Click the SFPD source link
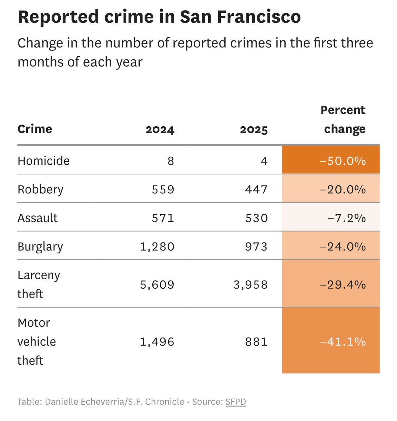pyautogui.click(x=236, y=401)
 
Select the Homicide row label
pyautogui.click(x=44, y=161)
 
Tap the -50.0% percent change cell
pyautogui.click(x=343, y=161)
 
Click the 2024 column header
pyautogui.click(x=160, y=129)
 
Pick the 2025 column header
pyautogui.click(x=253, y=129)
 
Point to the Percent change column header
pyautogui.click(x=343, y=120)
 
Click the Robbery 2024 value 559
pyautogui.click(x=163, y=189)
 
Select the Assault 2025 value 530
pyautogui.click(x=257, y=218)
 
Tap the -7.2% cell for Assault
pyautogui.click(x=346, y=218)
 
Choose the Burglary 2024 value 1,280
pyautogui.click(x=157, y=247)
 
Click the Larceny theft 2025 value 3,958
pyautogui.click(x=250, y=285)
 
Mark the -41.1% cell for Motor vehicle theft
pyautogui.click(x=343, y=341)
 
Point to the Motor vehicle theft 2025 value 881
pyautogui.click(x=257, y=341)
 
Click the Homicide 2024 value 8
pyautogui.click(x=171, y=161)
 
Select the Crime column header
pyautogui.click(x=35, y=129)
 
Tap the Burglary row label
pyautogui.click(x=40, y=247)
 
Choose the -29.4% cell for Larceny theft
pyautogui.click(x=343, y=285)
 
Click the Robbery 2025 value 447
pyautogui.click(x=257, y=189)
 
